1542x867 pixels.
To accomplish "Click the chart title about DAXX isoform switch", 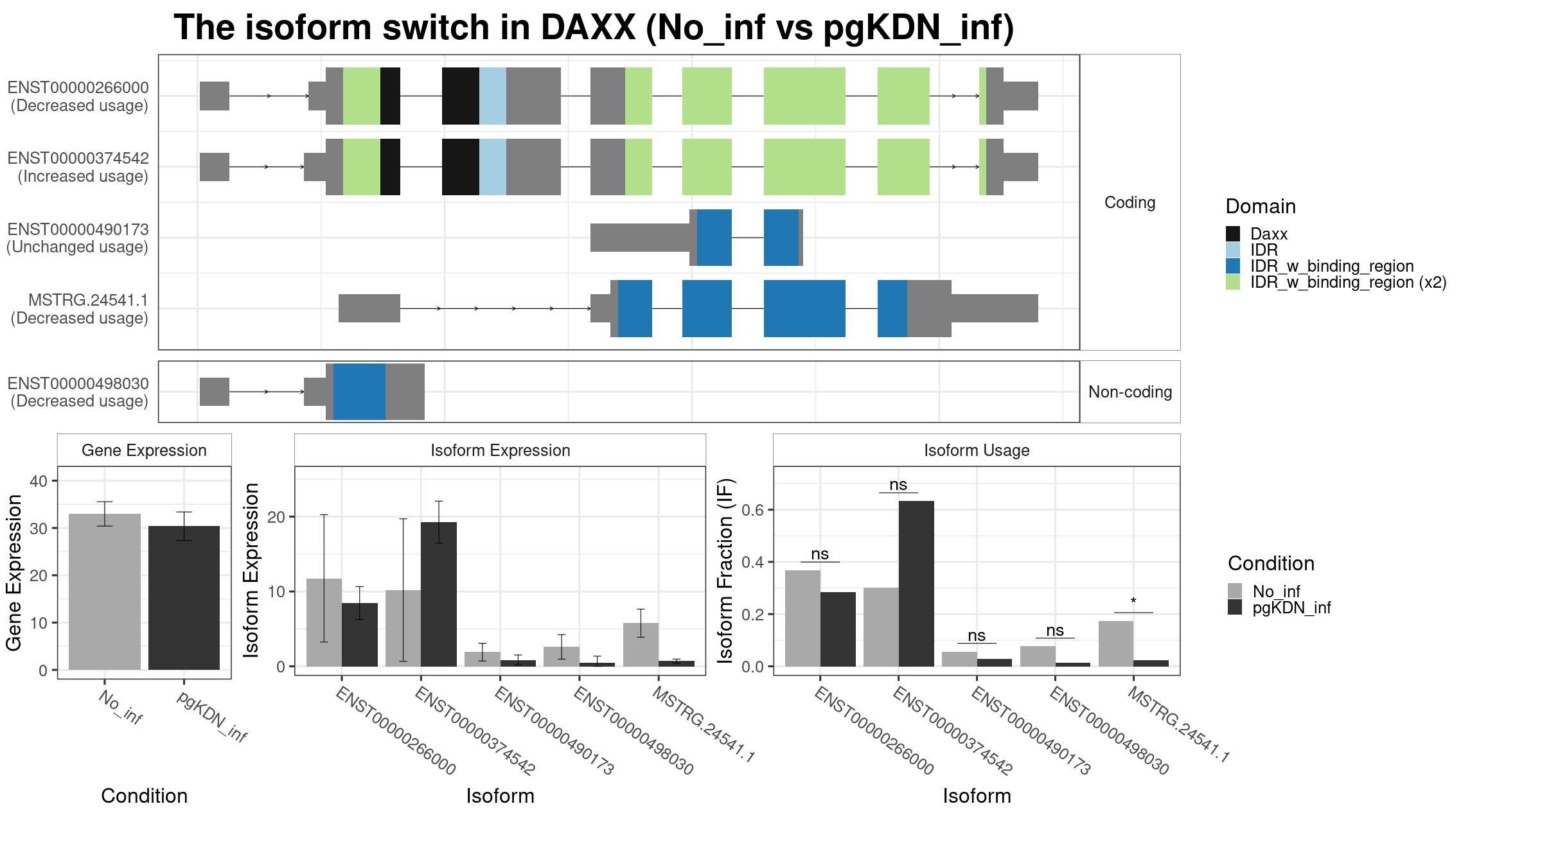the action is [594, 28].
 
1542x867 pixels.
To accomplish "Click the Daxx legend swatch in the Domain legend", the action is [1233, 234].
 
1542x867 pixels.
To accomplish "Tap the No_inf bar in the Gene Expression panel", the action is [105, 591].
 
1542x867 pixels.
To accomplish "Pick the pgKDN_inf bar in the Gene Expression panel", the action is [184, 598].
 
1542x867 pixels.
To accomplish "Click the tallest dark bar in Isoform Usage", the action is [916, 584].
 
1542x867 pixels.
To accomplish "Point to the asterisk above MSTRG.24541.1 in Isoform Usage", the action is [1133, 602].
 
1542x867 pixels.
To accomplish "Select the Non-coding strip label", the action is [1130, 392].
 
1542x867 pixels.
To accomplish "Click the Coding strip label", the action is [1130, 202].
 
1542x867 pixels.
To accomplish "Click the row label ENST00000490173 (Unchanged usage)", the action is [77, 238].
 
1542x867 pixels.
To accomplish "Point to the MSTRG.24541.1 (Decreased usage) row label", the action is [80, 309].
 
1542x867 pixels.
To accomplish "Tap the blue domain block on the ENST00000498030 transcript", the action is [359, 392].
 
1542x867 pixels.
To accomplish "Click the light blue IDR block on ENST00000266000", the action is [493, 96].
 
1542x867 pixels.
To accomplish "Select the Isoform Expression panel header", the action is [501, 450].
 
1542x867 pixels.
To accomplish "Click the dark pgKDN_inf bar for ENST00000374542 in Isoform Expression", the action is [439, 594].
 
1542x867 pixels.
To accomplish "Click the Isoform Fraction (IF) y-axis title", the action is [725, 570].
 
